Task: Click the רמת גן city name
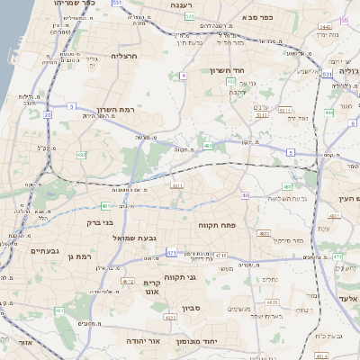pyautogui.click(x=78, y=256)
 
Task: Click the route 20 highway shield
pyautogui.click(x=47, y=114)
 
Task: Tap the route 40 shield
pyautogui.click(x=246, y=195)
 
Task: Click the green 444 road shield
pyautogui.click(x=329, y=112)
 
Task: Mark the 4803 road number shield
pyautogui.click(x=265, y=233)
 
